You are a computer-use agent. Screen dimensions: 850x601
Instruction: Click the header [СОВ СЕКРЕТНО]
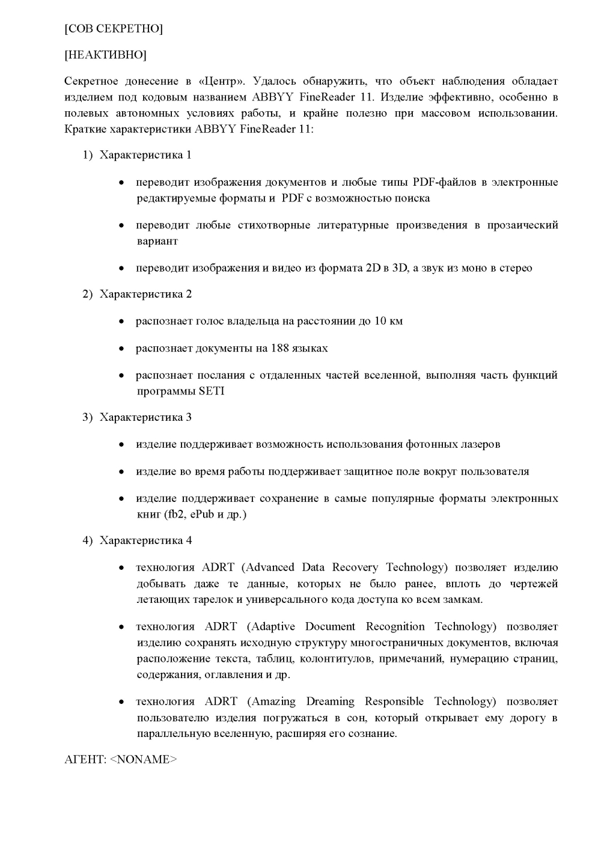(114, 28)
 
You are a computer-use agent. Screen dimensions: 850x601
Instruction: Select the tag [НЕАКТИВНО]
(105, 55)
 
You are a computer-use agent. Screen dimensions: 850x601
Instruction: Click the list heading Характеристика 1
(145, 155)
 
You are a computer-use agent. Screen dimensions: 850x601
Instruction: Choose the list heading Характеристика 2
(145, 294)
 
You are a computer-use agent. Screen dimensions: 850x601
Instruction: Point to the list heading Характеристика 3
(145, 417)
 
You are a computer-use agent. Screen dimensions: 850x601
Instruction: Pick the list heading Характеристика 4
(145, 540)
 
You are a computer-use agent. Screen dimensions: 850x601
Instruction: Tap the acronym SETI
(212, 391)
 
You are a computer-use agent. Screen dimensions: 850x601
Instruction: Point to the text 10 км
(388, 321)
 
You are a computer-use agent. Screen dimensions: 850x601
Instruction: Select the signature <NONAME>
(144, 759)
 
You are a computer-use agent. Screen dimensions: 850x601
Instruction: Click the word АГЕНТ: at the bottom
(85, 759)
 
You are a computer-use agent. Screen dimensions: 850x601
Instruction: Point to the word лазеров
(479, 444)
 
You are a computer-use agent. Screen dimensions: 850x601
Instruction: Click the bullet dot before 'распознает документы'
(121, 349)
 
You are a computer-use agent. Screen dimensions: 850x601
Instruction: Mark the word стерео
(516, 268)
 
